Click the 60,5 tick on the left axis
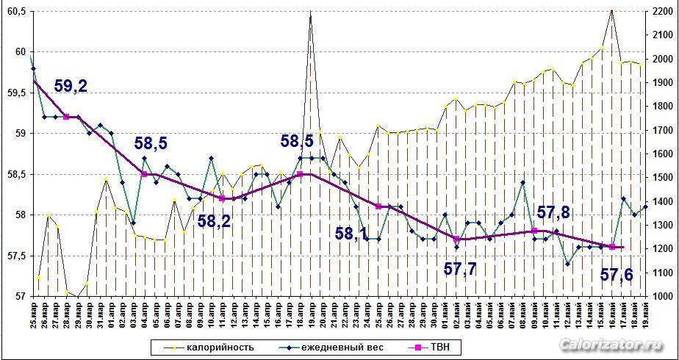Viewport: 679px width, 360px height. (x=15, y=12)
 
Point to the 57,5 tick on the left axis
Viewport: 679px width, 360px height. (x=15, y=256)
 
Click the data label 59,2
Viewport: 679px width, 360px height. (x=71, y=86)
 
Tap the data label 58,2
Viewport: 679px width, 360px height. (x=214, y=220)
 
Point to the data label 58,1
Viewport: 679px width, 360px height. (x=352, y=234)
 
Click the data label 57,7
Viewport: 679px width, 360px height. (x=461, y=268)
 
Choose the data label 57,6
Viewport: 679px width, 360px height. (x=617, y=275)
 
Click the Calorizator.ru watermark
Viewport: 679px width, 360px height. (x=610, y=345)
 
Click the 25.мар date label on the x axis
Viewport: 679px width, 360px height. (x=33, y=314)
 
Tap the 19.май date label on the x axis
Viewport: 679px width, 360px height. (x=646, y=314)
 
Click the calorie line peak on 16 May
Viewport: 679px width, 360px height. (x=611, y=10)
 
